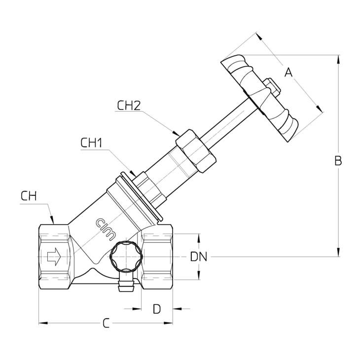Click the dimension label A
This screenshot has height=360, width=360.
coord(289,72)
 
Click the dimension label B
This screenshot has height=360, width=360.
coord(338,160)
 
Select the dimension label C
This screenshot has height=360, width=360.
coord(106,324)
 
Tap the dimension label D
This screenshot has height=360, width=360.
coord(156,309)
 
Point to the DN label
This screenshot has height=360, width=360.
coord(199,256)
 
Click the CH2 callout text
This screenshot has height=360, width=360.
coord(129,105)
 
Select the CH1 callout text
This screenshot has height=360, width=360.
coord(91,143)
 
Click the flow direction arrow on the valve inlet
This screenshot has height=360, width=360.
coord(53,256)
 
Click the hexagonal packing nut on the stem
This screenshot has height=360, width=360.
coord(196,150)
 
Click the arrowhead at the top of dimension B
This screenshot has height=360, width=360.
coord(338,59)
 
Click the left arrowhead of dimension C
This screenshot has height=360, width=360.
coord(42,323)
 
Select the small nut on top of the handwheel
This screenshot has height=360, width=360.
coord(271,87)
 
